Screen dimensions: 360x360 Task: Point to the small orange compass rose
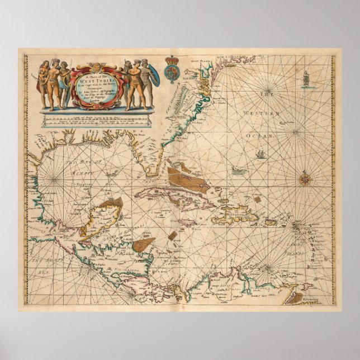pos(305,179)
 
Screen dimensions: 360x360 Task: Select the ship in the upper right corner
pos(306,79)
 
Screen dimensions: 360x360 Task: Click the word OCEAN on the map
pos(264,135)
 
